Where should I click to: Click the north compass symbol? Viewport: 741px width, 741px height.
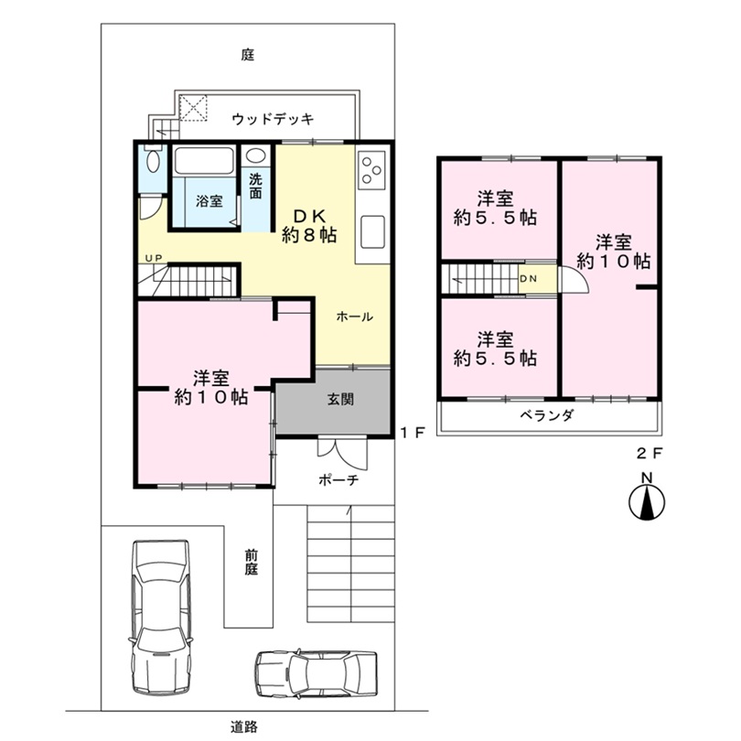647,501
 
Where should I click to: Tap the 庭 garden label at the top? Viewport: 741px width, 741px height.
248,55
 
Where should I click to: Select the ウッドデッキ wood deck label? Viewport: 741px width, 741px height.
273,119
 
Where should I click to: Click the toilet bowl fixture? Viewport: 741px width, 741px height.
153,161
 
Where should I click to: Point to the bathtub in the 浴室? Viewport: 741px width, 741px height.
204,161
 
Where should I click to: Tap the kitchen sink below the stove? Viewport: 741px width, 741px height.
372,231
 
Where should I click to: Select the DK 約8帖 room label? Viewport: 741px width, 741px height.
309,225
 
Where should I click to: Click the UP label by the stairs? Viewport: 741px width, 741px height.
154,258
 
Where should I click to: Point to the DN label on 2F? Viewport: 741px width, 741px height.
529,279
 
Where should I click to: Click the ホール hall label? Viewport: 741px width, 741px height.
354,317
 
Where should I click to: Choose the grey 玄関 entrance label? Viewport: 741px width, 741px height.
340,400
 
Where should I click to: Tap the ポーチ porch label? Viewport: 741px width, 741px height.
338,480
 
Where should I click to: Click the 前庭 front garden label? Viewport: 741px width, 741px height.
252,563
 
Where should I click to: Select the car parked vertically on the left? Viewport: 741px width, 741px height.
161,617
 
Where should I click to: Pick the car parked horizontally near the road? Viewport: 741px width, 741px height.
317,673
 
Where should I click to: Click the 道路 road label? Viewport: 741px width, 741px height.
244,726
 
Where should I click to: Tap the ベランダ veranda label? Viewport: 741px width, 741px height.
547,415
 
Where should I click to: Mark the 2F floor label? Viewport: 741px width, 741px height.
650,454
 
